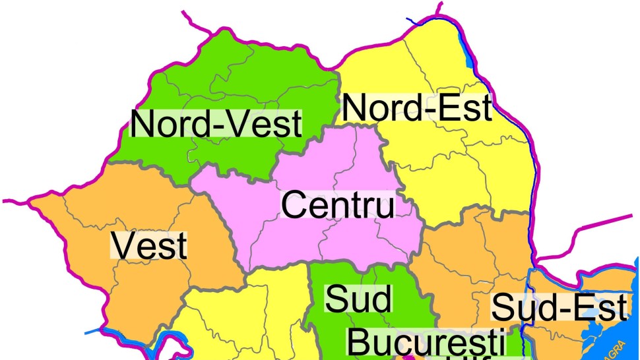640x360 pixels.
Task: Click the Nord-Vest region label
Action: pyautogui.click(x=216, y=124)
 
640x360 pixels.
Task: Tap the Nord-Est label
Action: pyautogui.click(x=417, y=109)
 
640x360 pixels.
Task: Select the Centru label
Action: pyautogui.click(x=338, y=205)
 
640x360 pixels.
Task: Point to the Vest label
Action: pyautogui.click(x=149, y=247)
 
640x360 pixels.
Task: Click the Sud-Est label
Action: pyautogui.click(x=559, y=308)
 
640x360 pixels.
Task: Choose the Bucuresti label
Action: pyautogui.click(x=426, y=344)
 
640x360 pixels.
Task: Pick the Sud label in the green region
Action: pyautogui.click(x=359, y=299)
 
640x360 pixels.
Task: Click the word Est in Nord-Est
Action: pyautogui.click(x=467, y=109)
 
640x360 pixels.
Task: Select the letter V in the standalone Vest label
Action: pyautogui.click(x=123, y=247)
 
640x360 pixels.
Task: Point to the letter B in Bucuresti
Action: pyautogui.click(x=360, y=344)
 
